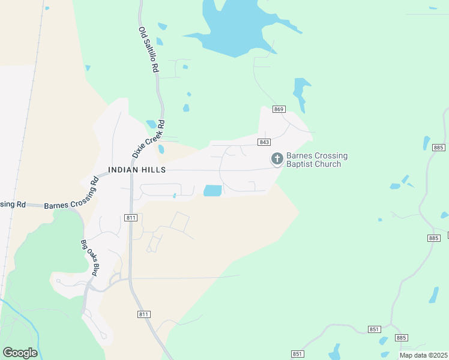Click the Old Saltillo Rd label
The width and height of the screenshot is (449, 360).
click(x=148, y=50)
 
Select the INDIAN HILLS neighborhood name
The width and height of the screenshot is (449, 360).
click(x=137, y=170)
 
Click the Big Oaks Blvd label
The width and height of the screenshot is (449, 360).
click(x=88, y=258)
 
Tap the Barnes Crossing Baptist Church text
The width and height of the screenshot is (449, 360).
click(x=316, y=160)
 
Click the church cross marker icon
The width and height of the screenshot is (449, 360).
click(x=277, y=159)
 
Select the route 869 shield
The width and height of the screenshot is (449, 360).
click(x=278, y=109)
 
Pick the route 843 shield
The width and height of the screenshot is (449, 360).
click(x=264, y=142)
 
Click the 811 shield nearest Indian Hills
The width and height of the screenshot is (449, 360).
click(x=131, y=217)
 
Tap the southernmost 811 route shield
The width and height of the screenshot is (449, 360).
click(x=143, y=314)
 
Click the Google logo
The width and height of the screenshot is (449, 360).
click(x=20, y=353)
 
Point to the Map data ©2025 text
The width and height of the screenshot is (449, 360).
click(x=423, y=355)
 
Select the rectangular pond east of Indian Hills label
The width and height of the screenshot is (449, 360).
click(x=212, y=191)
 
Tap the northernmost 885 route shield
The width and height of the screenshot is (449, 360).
click(x=438, y=148)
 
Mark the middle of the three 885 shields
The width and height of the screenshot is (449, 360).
click(x=435, y=238)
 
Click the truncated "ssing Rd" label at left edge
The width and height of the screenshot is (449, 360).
click(x=12, y=204)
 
